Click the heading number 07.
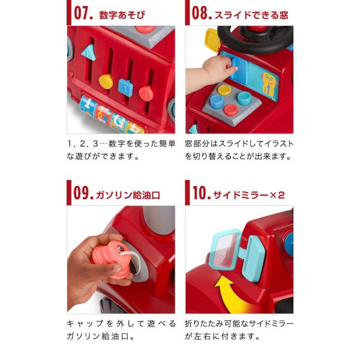pos(83,13)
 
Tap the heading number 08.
pos(202,13)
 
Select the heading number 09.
pos(83,193)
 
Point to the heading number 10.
pos(202,193)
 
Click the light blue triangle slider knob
pos(88,53)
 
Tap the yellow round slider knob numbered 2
pos(106,82)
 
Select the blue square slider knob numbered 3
pos(125,86)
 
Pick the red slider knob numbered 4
pos(146,93)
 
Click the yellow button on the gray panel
pos(224,90)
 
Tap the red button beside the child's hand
pos(230,110)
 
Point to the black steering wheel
pos(256,40)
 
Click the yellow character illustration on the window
pos(269,84)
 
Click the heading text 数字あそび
pos(122,15)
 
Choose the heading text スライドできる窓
pos(251,15)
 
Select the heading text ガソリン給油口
pos(128,195)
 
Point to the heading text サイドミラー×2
pos(249,195)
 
